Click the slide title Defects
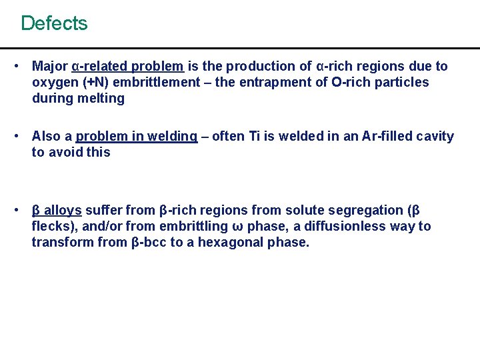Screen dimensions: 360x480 tap(54, 23)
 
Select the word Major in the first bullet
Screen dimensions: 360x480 tap(50, 67)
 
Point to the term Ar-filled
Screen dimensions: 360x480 tap(386, 137)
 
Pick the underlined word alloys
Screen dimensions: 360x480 tap(63, 211)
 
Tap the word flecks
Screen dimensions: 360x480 tap(50, 227)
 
